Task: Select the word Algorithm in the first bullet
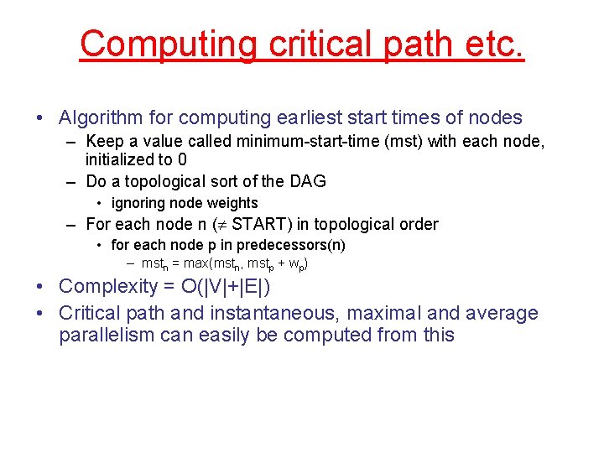[96, 118]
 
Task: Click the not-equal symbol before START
[220, 224]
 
